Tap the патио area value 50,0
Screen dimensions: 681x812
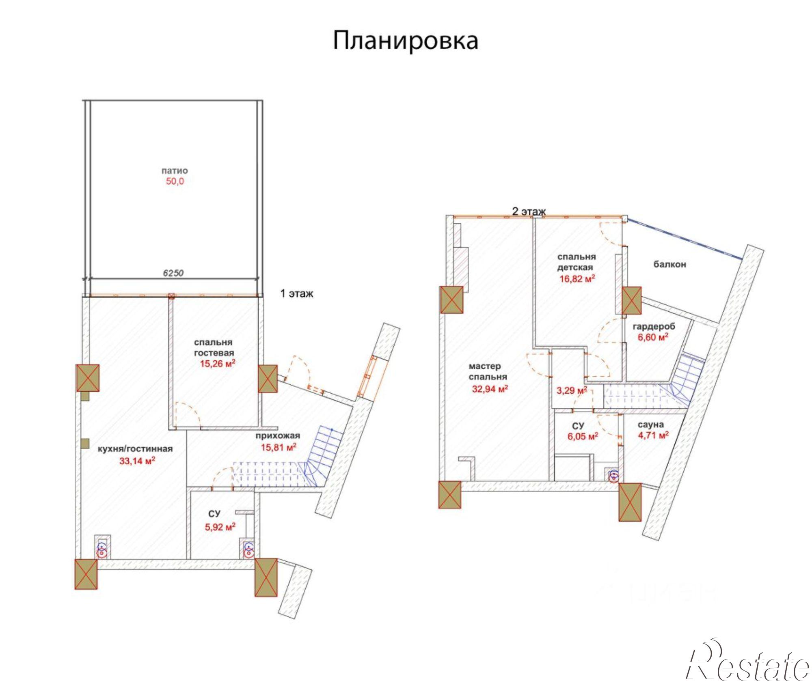(175, 181)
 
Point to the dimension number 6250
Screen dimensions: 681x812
(173, 273)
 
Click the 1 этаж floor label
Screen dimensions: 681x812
(297, 293)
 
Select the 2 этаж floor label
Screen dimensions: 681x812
(529, 211)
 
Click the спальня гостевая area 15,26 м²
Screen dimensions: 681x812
(218, 364)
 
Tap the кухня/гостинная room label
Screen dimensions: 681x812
(135, 449)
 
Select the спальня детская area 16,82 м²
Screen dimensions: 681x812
(577, 278)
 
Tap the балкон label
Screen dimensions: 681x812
(669, 264)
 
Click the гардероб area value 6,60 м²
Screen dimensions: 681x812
(653, 337)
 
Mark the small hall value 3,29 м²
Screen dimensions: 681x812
(571, 391)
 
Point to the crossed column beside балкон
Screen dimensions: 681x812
(632, 301)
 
